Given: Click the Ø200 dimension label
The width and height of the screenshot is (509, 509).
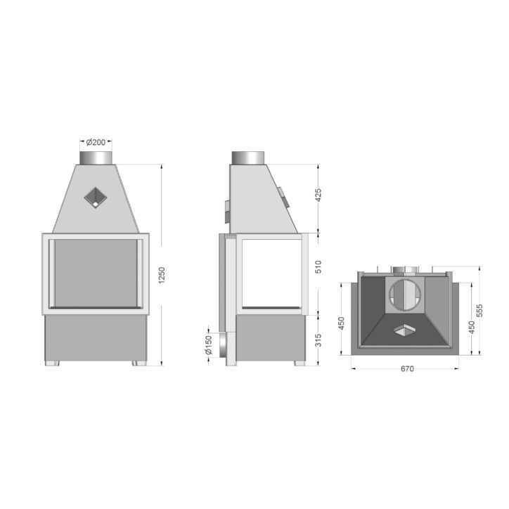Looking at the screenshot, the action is coord(96,142).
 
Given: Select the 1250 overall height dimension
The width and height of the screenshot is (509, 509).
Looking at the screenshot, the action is coord(162,275).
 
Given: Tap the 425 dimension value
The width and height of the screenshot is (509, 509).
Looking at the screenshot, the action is coord(318,195).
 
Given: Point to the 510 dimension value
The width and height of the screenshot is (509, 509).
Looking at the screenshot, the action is coord(318,267).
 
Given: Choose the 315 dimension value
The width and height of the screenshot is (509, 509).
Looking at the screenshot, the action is coord(318,340).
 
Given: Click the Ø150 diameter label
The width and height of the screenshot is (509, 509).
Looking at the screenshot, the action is coord(208,344).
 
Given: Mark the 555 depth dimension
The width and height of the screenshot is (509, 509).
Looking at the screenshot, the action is coord(479,310).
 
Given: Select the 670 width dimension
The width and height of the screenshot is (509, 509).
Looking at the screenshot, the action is coord(407,369).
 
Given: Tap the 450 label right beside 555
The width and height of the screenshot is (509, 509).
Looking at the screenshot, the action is coord(472,327).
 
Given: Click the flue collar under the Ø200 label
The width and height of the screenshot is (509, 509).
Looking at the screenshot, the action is coord(96,157).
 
